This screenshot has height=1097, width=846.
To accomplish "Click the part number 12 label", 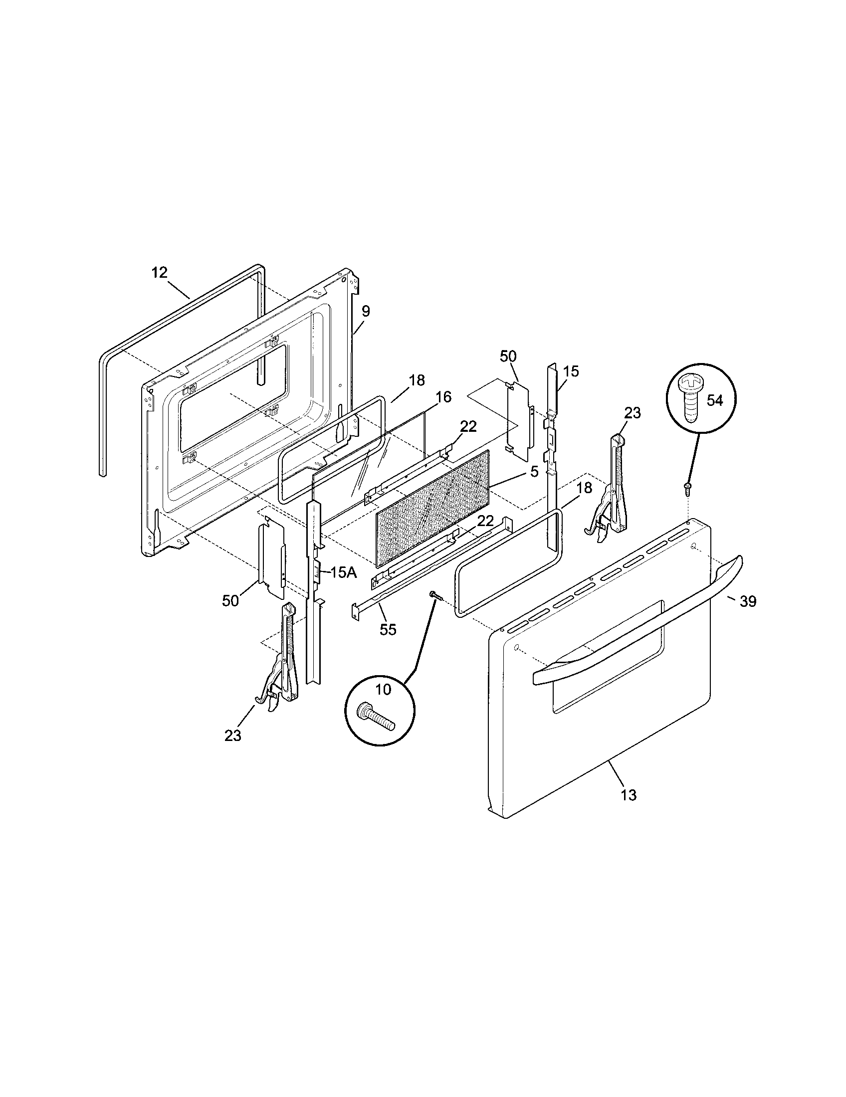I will click(x=159, y=273).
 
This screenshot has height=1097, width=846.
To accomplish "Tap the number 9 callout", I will click(x=366, y=311).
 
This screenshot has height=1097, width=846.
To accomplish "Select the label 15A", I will click(x=343, y=572).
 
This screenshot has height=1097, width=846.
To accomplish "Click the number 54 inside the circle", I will click(x=715, y=400).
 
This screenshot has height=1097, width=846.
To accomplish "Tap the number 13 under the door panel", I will click(x=629, y=795).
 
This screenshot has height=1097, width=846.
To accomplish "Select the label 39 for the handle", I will click(x=748, y=601).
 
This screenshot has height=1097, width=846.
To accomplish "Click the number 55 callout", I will click(x=388, y=629).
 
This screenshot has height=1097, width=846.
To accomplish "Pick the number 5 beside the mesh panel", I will click(x=534, y=471).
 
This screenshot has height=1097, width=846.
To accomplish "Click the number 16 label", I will click(x=443, y=397).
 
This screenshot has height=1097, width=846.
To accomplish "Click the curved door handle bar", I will click(x=638, y=618).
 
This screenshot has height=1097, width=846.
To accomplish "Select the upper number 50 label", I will click(x=508, y=356).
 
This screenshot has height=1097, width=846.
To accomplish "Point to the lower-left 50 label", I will click(x=230, y=601).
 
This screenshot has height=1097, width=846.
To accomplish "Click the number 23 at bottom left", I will click(x=233, y=736).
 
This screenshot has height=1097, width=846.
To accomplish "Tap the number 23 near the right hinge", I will click(x=633, y=413).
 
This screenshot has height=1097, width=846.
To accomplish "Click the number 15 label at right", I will click(x=571, y=371).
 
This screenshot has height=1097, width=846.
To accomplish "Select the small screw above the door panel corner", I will click(x=687, y=486).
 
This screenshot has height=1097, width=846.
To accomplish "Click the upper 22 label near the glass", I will click(x=468, y=426).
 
